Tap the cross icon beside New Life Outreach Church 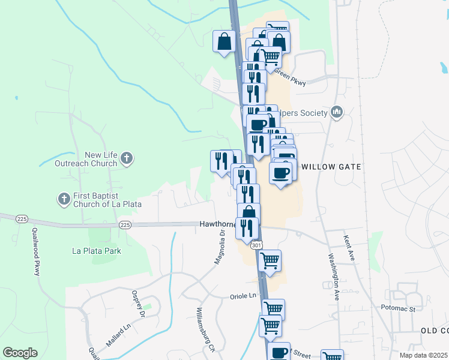[x=126, y=159]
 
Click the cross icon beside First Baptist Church [x=64, y=198]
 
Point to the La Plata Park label [x=96, y=251]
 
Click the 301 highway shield [x=256, y=245]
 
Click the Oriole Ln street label [x=243, y=296]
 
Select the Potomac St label [x=398, y=309]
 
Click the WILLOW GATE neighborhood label [x=331, y=167]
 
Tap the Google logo [x=20, y=353]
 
